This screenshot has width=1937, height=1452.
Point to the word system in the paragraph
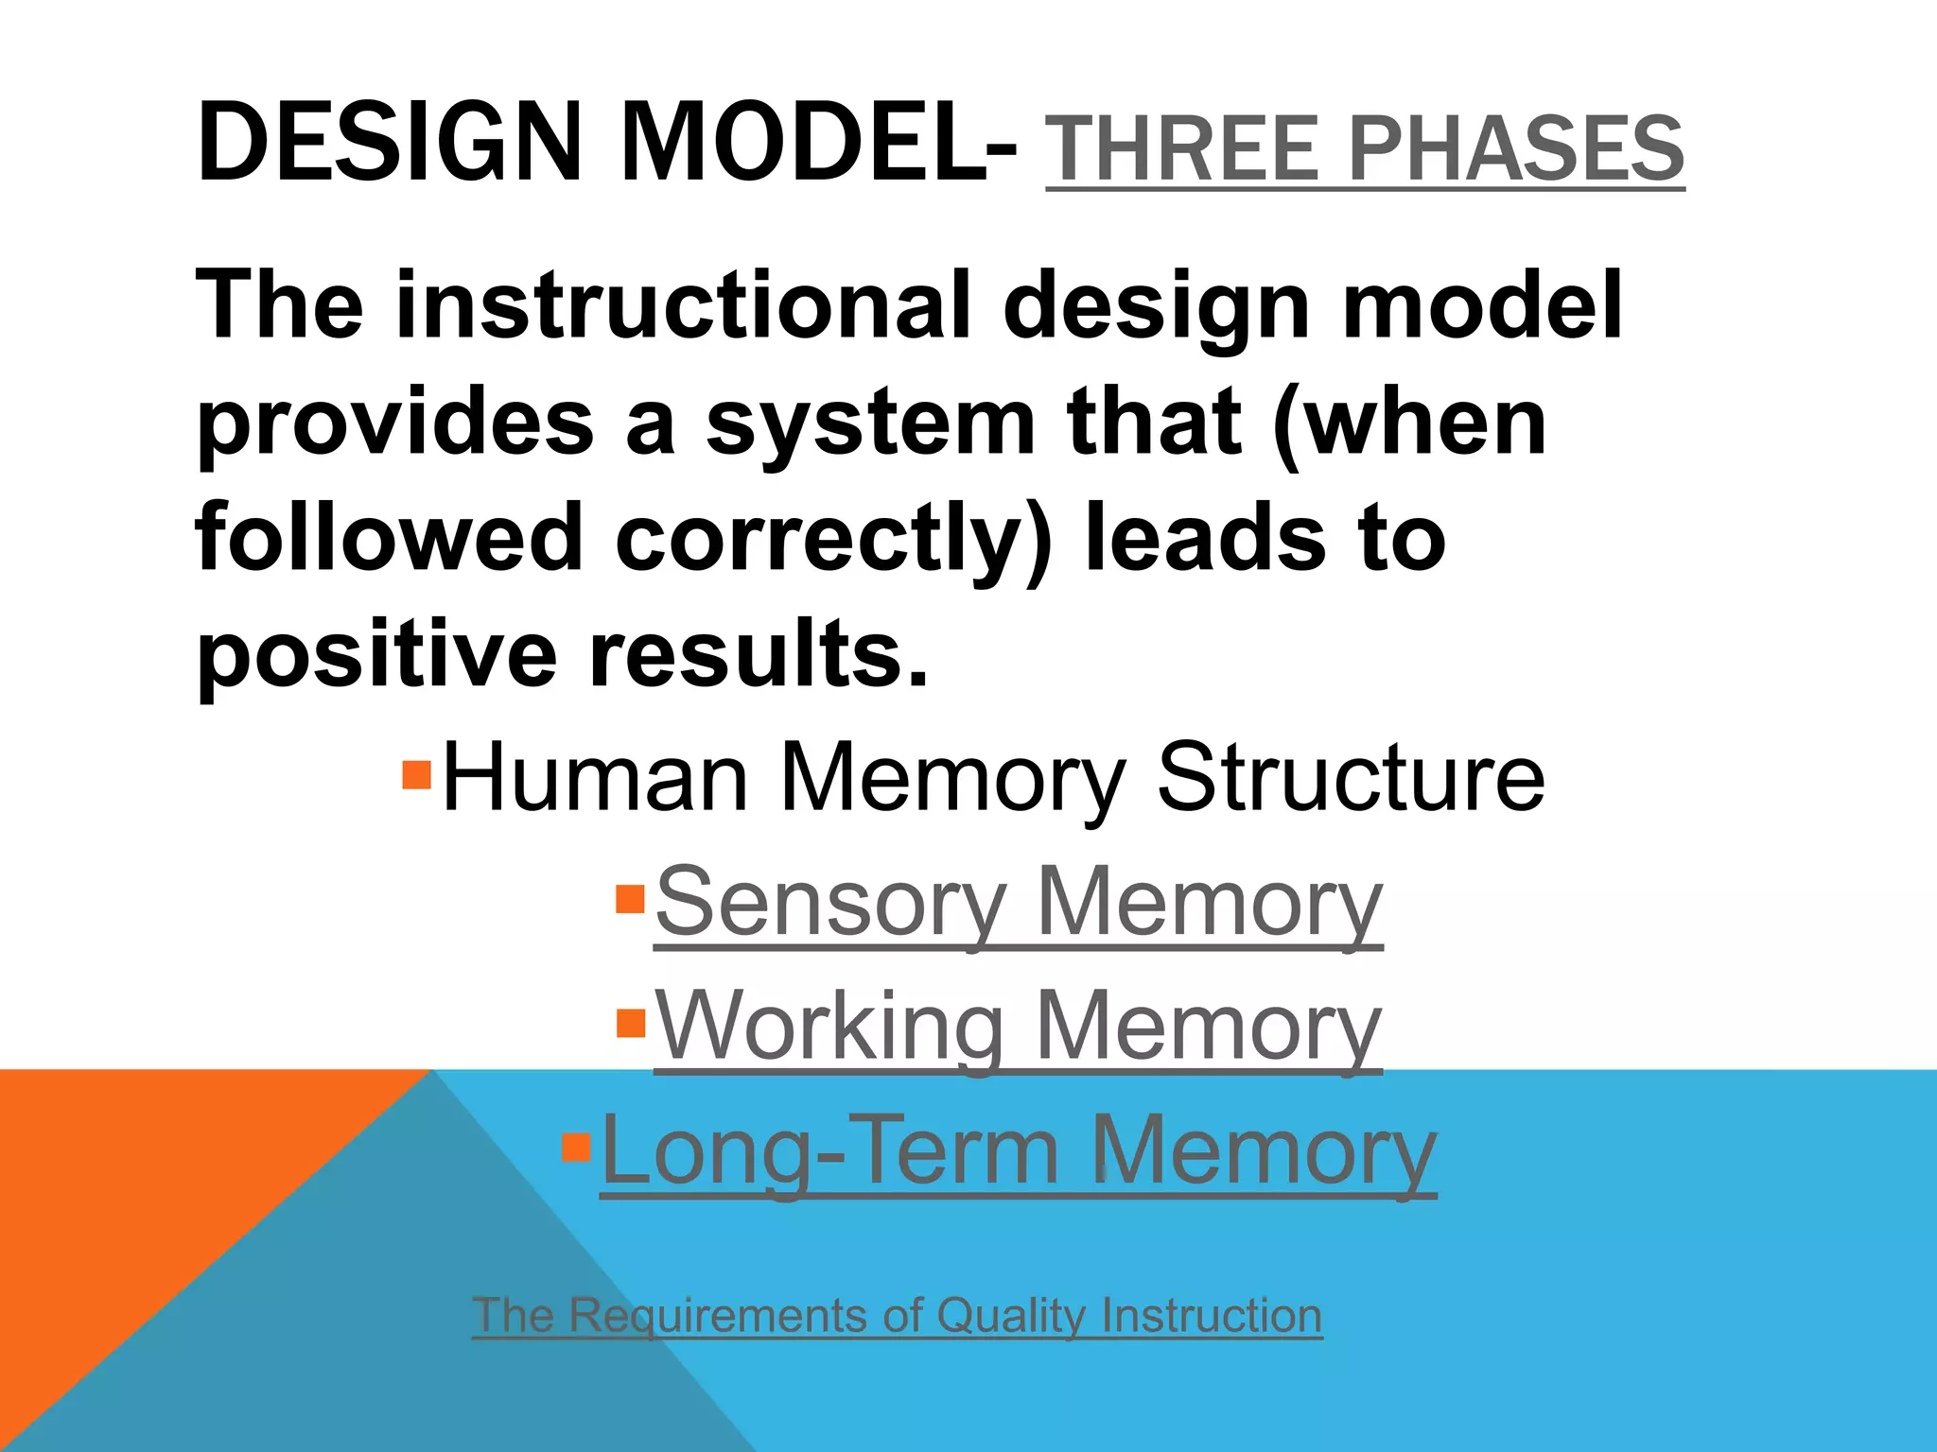[x=870, y=422]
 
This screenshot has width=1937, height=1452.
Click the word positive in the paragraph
[x=376, y=654]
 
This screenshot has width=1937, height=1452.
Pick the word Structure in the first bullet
[x=1351, y=777]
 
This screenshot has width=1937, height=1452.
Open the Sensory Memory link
[x=1018, y=902]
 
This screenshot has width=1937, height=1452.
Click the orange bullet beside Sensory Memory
[x=630, y=898]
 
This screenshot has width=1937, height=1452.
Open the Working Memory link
[x=1018, y=1027]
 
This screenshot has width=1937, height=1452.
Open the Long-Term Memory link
[x=1018, y=1151]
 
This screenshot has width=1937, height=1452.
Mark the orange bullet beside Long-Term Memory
[x=576, y=1147]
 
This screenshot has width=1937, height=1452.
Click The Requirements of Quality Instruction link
[x=897, y=1315]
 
